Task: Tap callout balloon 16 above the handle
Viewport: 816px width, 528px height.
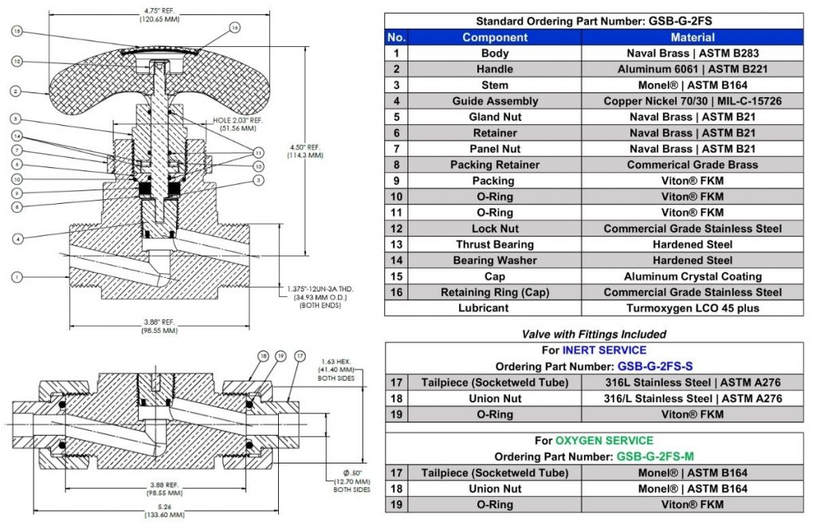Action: tap(234, 27)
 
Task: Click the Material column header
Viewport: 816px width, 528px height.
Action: tap(692, 37)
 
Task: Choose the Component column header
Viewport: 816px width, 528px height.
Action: tap(495, 37)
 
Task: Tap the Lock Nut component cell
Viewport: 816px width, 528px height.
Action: tap(495, 229)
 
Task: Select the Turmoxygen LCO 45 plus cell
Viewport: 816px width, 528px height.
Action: tap(692, 308)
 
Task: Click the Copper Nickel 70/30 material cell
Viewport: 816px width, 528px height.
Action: tap(692, 101)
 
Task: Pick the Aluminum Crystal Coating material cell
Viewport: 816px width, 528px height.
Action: tap(692, 276)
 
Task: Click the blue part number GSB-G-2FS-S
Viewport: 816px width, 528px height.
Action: tap(655, 366)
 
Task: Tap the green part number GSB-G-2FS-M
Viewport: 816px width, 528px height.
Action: tap(655, 457)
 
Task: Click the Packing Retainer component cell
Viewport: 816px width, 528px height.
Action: tap(495, 165)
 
